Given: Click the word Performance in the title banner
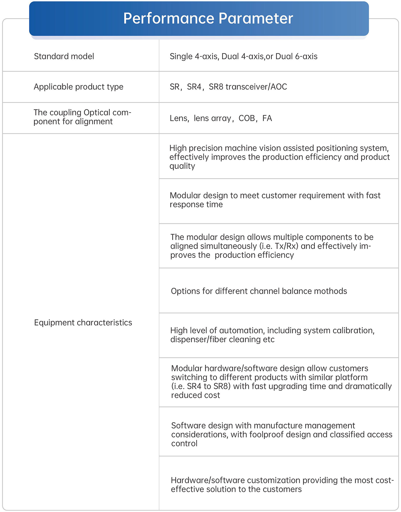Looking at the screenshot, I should tap(168, 18).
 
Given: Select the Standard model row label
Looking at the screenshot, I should tap(64, 56).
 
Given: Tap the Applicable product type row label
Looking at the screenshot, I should tap(78, 87).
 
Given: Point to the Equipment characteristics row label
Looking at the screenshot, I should tap(83, 322).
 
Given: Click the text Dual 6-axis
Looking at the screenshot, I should tap(296, 56).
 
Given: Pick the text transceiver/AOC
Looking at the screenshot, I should tap(256, 87).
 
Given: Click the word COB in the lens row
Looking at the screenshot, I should tap(247, 118).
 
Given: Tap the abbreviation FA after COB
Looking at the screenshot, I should tap(267, 118).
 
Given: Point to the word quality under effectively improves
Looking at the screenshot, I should tap(182, 166).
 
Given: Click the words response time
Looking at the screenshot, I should tap(196, 204).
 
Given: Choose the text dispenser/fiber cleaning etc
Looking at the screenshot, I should tap(222, 339).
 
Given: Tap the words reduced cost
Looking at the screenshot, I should tap(195, 395).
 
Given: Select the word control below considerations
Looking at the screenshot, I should tap(184, 443).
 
